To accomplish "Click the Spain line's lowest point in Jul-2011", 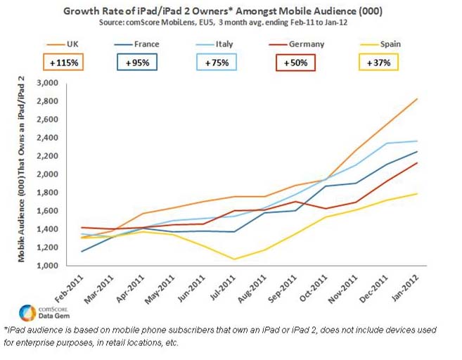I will (234, 259).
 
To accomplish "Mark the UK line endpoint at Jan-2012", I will (436, 98).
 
